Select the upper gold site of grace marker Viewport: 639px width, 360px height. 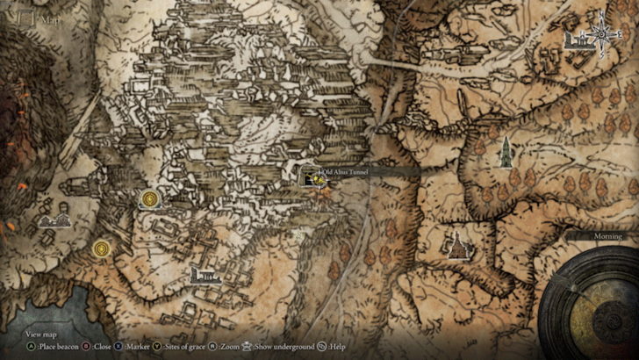pos(151,200)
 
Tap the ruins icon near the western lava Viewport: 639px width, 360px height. pos(54,219)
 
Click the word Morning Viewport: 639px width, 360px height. pos(607,236)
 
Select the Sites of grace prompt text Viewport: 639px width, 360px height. pos(185,347)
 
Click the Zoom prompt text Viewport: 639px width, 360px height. pos(233,347)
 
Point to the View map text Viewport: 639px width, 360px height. pos(40,335)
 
